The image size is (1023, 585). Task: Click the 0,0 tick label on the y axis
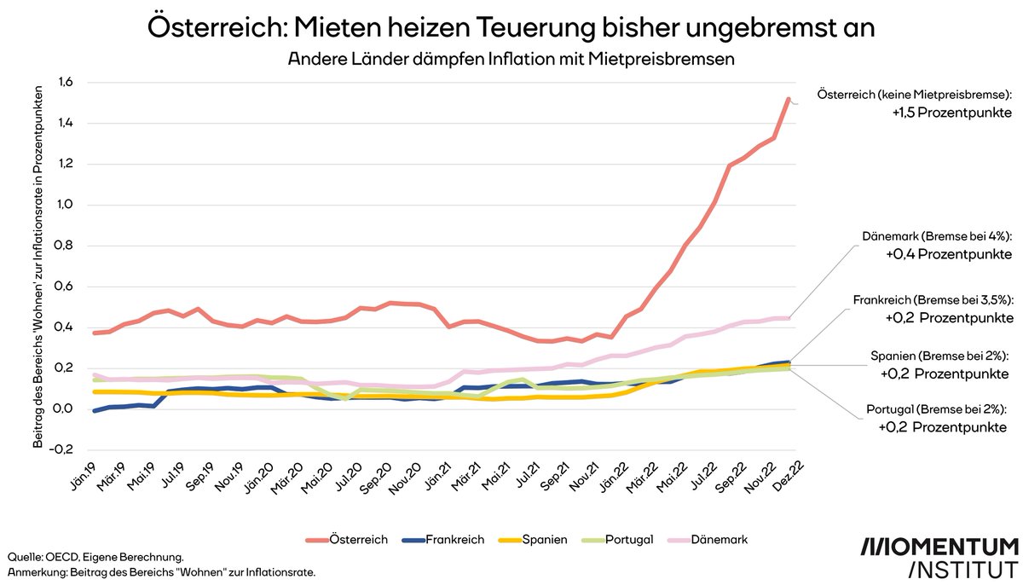[x=64, y=409]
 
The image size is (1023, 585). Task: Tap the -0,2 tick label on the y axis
[x=62, y=449]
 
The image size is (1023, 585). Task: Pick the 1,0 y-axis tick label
[x=64, y=206]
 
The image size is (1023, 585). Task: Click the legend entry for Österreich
[x=346, y=540]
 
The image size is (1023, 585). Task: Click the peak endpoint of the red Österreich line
[x=789, y=99]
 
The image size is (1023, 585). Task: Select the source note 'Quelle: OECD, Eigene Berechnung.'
[x=95, y=556]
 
